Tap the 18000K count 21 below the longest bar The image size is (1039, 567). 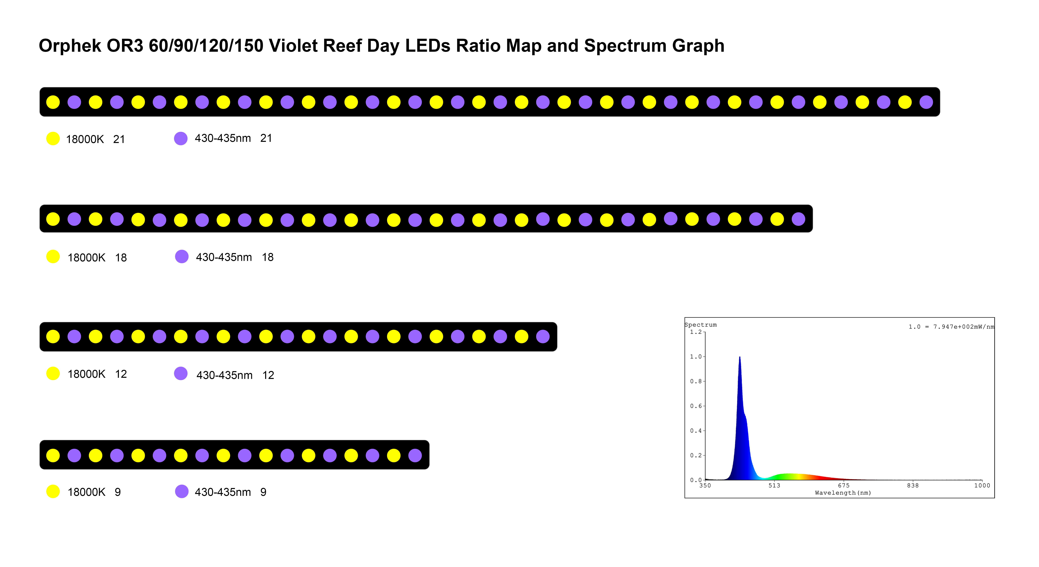click(119, 139)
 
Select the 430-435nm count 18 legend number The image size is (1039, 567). click(268, 257)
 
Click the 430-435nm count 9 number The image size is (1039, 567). click(263, 492)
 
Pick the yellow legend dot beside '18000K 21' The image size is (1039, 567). click(53, 138)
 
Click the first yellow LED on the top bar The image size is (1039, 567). click(53, 102)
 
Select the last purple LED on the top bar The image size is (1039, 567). click(926, 102)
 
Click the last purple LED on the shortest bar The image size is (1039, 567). click(415, 455)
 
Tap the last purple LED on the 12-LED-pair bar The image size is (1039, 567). click(543, 336)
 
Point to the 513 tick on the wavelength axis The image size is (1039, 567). click(774, 486)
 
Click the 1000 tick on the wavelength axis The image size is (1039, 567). click(982, 486)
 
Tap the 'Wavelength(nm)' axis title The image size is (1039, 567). click(843, 493)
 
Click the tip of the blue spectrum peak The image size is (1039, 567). click(740, 357)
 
